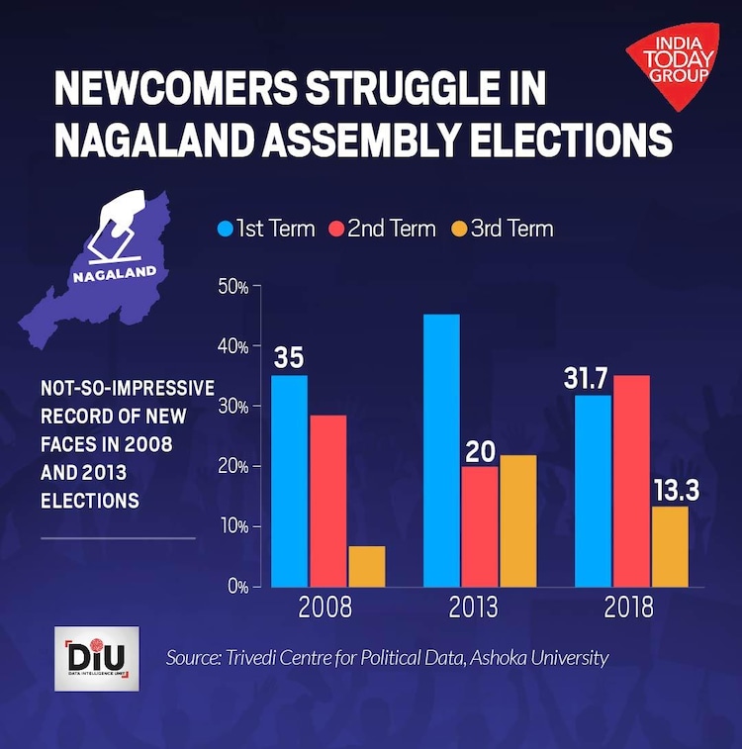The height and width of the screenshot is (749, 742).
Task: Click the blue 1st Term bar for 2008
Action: (x=289, y=480)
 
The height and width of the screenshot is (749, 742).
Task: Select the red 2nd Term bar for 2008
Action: (x=327, y=500)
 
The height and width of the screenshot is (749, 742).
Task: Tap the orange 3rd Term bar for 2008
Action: (x=367, y=566)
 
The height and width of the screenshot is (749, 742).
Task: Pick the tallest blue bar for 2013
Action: (x=441, y=449)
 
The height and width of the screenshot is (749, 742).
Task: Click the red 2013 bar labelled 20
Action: (x=480, y=525)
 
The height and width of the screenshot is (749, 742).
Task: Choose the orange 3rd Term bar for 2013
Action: (x=518, y=520)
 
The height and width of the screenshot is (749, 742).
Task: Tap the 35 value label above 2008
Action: (x=289, y=358)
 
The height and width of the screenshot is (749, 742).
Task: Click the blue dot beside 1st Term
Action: (x=225, y=230)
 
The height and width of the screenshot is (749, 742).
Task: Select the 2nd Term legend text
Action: (x=391, y=229)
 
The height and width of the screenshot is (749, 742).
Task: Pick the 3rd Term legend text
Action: (x=511, y=229)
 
